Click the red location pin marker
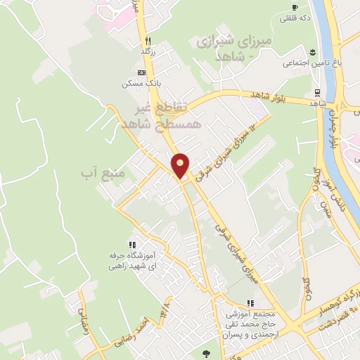tap(181, 165)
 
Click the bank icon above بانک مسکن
tap(141, 73)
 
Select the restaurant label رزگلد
tap(147, 51)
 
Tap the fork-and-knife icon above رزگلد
tap(147, 40)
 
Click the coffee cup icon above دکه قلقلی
tap(295, 8)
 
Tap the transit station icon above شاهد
tap(319, 92)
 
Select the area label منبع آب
tap(103, 172)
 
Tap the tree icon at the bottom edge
tap(205, 354)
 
